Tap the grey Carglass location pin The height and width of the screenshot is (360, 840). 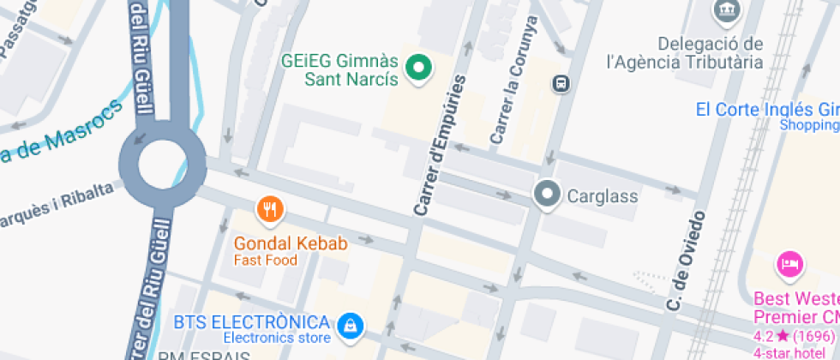click(547, 195)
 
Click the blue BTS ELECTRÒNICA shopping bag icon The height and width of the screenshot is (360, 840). click(350, 324)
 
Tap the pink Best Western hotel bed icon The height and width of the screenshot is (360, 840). click(789, 264)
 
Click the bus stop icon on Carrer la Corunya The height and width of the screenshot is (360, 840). click(561, 84)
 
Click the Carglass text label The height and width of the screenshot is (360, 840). click(603, 196)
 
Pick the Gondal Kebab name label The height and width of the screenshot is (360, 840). click(291, 244)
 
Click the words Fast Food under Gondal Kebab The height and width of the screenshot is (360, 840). click(266, 261)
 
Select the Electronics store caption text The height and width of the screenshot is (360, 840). click(277, 338)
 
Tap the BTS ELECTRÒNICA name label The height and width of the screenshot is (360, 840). click(251, 322)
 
